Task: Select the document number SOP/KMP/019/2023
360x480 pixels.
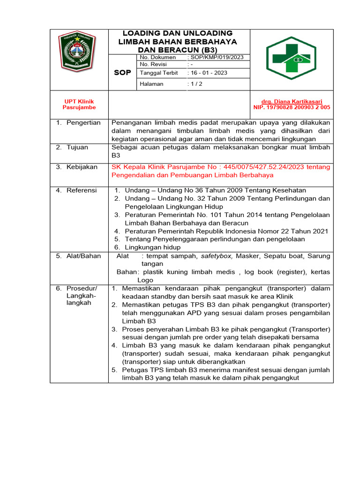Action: (x=216, y=57)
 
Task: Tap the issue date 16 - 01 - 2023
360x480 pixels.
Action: (x=207, y=73)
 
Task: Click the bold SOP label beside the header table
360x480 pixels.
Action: (x=122, y=73)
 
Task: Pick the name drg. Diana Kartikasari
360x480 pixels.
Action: (x=291, y=101)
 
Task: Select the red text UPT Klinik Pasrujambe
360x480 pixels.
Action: (x=79, y=104)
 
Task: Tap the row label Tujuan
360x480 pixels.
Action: (x=77, y=147)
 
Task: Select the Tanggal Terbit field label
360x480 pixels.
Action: (x=157, y=73)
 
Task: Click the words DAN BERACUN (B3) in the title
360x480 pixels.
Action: (x=178, y=49)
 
